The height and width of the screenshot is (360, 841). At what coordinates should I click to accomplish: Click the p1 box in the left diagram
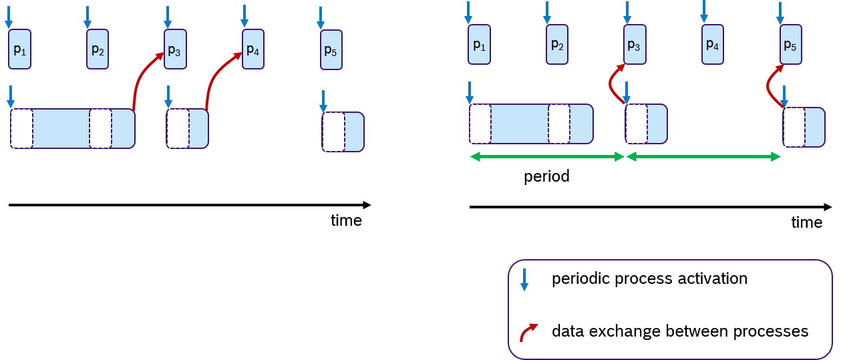(x=19, y=49)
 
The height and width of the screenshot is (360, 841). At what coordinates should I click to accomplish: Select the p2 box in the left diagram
(x=98, y=49)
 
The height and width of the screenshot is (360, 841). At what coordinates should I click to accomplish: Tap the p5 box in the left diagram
(x=331, y=50)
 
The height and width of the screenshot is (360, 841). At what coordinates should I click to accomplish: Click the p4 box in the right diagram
(x=712, y=45)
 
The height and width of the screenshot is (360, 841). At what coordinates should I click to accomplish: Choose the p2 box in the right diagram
(x=557, y=45)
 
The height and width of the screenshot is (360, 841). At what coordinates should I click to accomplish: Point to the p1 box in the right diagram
(x=479, y=45)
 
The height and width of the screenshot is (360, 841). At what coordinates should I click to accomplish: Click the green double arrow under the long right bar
(x=546, y=157)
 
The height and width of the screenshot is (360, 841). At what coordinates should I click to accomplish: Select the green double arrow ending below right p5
(x=703, y=157)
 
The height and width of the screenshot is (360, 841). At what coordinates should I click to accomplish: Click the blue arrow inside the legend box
(x=524, y=280)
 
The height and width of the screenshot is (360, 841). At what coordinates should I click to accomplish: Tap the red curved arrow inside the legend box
(x=528, y=332)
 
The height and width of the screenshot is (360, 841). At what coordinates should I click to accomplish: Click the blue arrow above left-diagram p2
(x=88, y=17)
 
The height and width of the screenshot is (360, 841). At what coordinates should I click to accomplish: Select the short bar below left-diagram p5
(x=343, y=132)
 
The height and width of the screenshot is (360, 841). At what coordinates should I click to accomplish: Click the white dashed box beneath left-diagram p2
(x=101, y=129)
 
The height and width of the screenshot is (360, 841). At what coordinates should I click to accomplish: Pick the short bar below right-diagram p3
(x=646, y=124)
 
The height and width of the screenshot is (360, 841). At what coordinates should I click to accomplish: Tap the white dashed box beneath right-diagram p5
(x=794, y=127)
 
